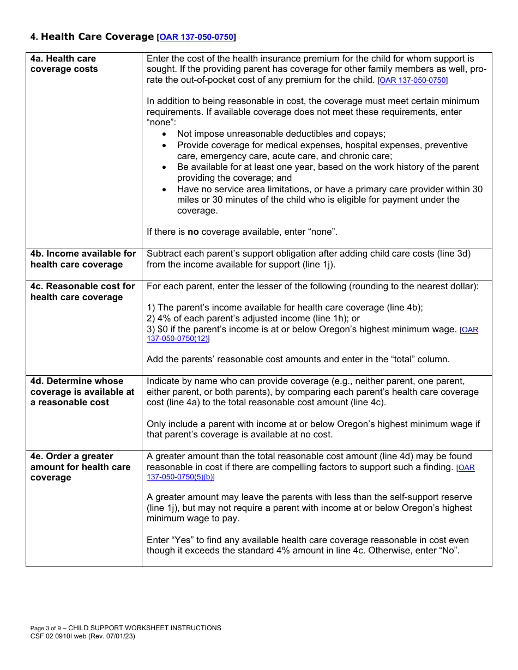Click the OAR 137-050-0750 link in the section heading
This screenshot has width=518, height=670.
(196, 37)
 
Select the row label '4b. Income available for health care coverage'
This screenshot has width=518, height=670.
(83, 259)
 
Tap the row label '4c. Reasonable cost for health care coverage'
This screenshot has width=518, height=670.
(82, 292)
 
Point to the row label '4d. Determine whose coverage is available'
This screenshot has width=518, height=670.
(82, 392)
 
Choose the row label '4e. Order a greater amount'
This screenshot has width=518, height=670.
(81, 467)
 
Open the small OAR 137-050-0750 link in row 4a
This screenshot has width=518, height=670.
(413, 80)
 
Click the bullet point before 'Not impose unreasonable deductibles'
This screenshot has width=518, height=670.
(165, 134)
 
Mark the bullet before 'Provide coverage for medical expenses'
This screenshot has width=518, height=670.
(165, 145)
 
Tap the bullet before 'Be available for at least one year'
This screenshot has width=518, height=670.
(165, 167)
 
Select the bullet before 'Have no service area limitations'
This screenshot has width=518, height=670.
(165, 190)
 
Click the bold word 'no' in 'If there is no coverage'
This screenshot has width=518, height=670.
(193, 232)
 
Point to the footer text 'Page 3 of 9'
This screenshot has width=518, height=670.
(46, 628)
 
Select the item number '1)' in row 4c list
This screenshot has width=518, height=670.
(150, 308)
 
